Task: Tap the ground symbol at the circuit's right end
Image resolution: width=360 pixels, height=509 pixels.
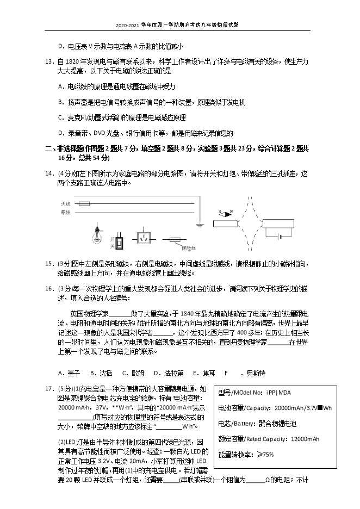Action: (x=201, y=222)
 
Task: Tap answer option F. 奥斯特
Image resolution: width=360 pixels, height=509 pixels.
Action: (x=245, y=373)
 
